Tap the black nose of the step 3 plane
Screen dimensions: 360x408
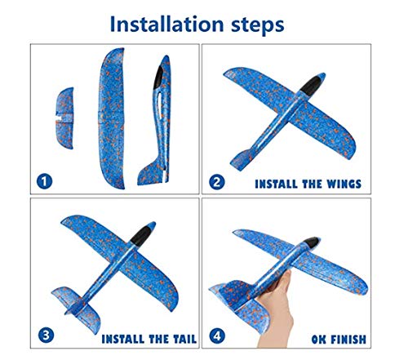[x=149, y=231]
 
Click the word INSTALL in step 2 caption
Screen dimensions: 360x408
[x=279, y=184]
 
